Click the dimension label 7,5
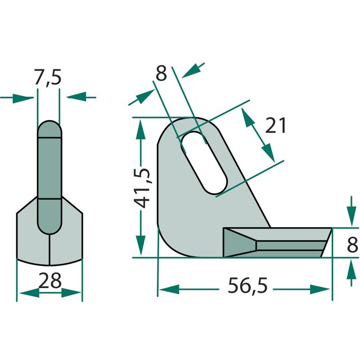(x=48, y=77)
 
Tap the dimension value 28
(x=50, y=280)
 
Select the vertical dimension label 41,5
(x=142, y=188)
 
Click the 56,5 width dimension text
(x=247, y=285)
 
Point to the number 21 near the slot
(x=275, y=126)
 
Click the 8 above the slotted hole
(x=161, y=73)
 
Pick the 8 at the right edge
(x=352, y=245)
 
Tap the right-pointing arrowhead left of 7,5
(x=23, y=98)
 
